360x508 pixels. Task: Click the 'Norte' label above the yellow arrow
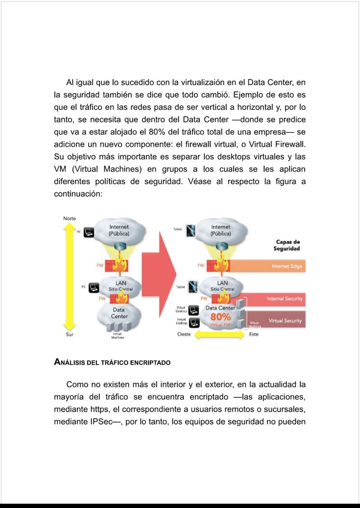[69, 218]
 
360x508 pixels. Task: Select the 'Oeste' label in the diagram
[184, 335]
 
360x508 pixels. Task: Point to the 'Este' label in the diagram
[254, 335]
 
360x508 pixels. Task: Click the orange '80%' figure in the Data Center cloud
[220, 317]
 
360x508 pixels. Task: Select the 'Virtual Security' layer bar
[278, 321]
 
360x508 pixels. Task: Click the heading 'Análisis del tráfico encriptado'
[112, 362]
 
